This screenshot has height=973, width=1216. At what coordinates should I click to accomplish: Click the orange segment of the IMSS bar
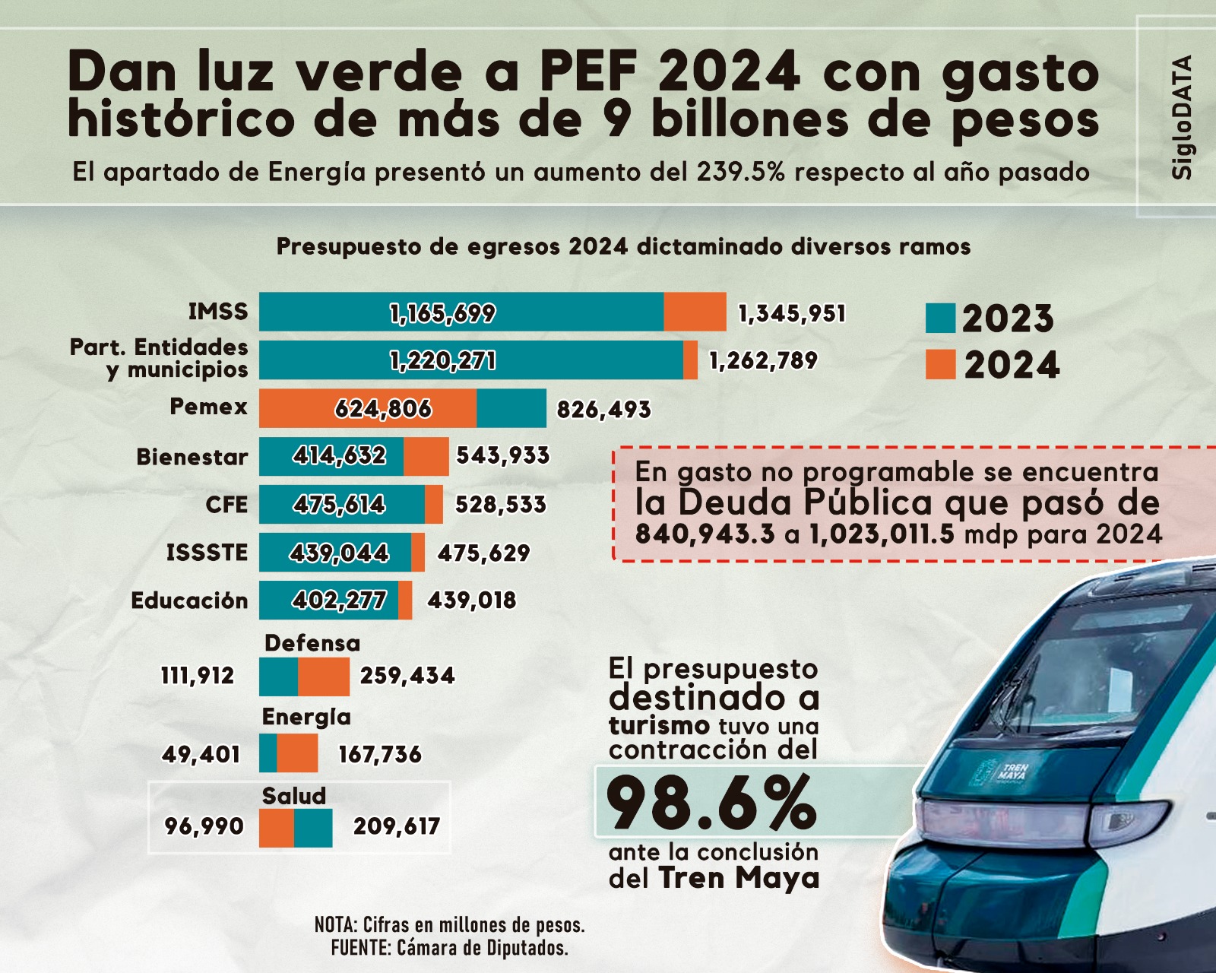tap(695, 312)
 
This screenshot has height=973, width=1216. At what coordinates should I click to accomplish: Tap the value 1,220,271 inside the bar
tap(443, 360)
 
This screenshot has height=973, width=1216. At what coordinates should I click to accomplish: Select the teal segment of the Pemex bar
tap(511, 408)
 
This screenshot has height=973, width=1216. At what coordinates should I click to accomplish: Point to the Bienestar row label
tap(192, 457)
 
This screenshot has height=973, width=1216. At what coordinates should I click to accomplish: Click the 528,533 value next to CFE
tap(501, 505)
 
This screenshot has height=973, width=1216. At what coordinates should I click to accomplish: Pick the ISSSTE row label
tap(207, 553)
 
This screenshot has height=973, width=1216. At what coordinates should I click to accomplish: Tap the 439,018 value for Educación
tap(472, 601)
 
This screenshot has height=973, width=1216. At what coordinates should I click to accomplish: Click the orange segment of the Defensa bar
tap(324, 677)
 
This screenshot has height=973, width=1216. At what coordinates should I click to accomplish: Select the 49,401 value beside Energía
tap(201, 754)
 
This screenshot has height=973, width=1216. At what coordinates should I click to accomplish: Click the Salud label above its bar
tap(293, 796)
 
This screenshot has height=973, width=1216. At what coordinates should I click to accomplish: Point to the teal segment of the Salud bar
tap(313, 828)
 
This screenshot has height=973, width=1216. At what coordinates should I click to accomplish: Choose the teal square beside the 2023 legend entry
tap(940, 319)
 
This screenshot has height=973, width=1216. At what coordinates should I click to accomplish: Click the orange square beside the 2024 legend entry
tap(940, 364)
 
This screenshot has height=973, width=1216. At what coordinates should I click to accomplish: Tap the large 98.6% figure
tap(711, 803)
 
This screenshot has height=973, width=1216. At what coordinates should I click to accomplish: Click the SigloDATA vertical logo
tap(1182, 118)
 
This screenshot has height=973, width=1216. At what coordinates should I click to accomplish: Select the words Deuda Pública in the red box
tap(805, 502)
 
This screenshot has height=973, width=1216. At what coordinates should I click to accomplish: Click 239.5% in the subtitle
tap(740, 173)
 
